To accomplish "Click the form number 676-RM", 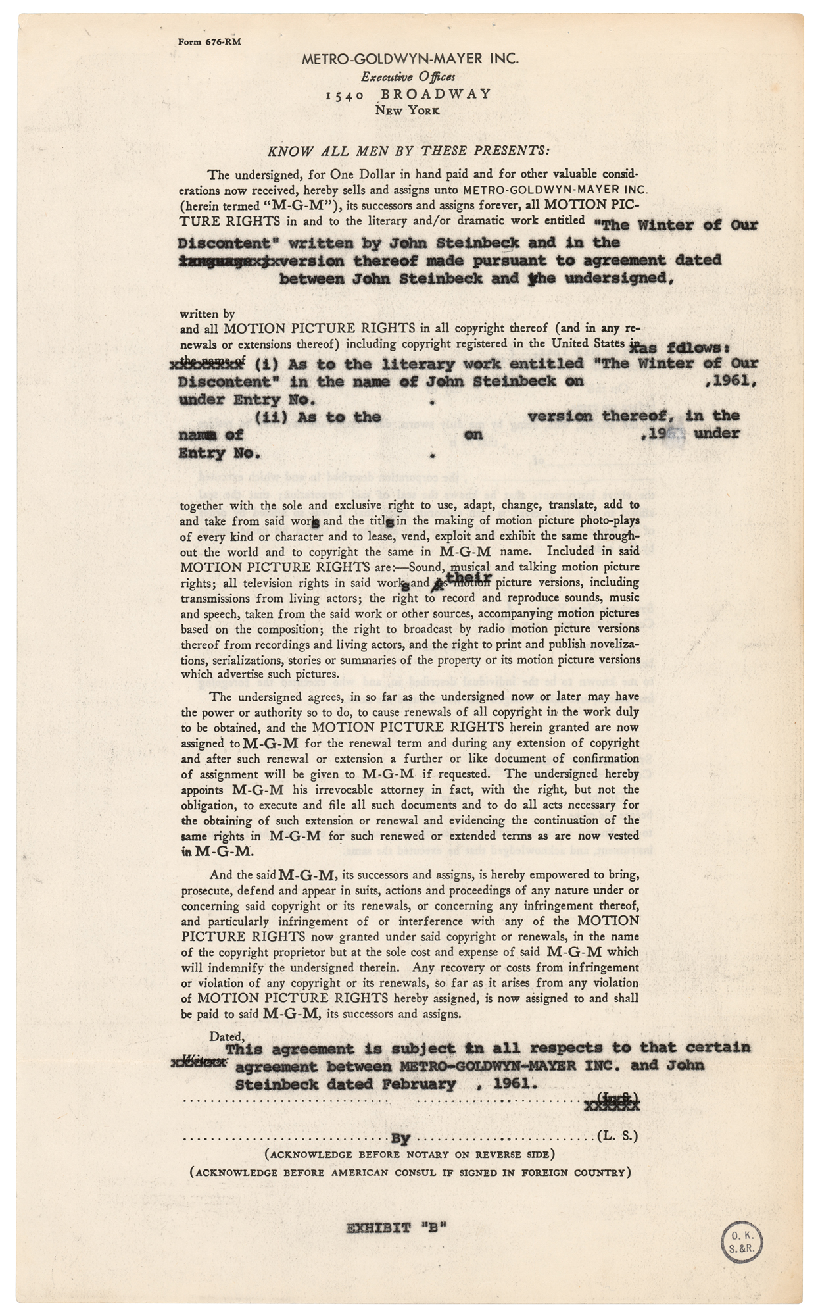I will click(x=210, y=41).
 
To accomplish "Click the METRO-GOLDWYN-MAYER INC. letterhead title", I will click(x=410, y=59).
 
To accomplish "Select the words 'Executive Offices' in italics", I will click(x=408, y=76).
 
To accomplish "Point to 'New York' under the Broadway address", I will click(x=407, y=111).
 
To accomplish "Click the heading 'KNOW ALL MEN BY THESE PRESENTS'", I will click(x=408, y=151).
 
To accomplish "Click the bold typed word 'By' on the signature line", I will click(x=400, y=1138).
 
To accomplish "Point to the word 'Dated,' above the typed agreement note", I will click(x=227, y=1036).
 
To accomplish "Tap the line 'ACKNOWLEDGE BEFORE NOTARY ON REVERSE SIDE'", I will click(x=409, y=1154).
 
